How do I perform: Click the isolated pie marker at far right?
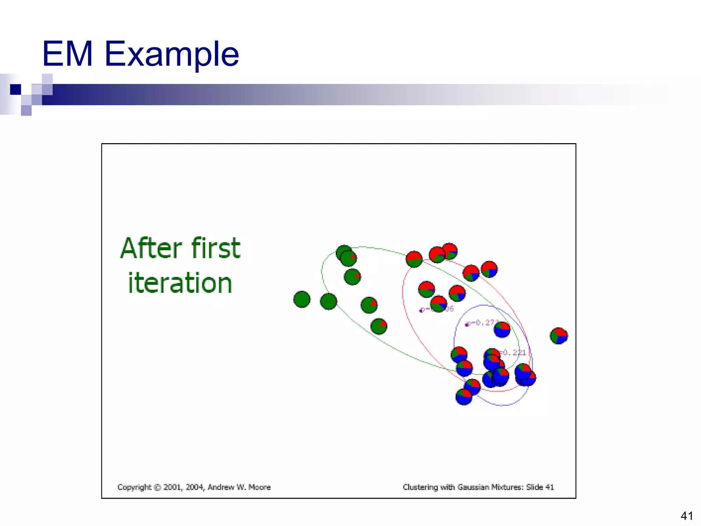pyautogui.click(x=559, y=336)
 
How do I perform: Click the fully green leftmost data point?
pyautogui.click(x=302, y=299)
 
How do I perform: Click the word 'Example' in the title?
pyautogui.click(x=171, y=54)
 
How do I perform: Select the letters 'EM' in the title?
pyautogui.click(x=67, y=54)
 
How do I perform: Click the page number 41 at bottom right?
pyautogui.click(x=687, y=516)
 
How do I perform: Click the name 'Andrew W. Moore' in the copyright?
pyautogui.click(x=239, y=487)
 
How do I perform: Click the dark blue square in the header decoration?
pyautogui.click(x=15, y=89)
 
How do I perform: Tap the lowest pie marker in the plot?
pyautogui.click(x=464, y=397)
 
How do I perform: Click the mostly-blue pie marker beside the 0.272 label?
pyautogui.click(x=502, y=329)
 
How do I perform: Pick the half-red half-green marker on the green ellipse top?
pyautogui.click(x=414, y=259)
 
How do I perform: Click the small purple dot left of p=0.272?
pyautogui.click(x=466, y=325)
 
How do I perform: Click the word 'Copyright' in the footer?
pyautogui.click(x=134, y=487)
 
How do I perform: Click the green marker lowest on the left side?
pyautogui.click(x=379, y=326)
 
